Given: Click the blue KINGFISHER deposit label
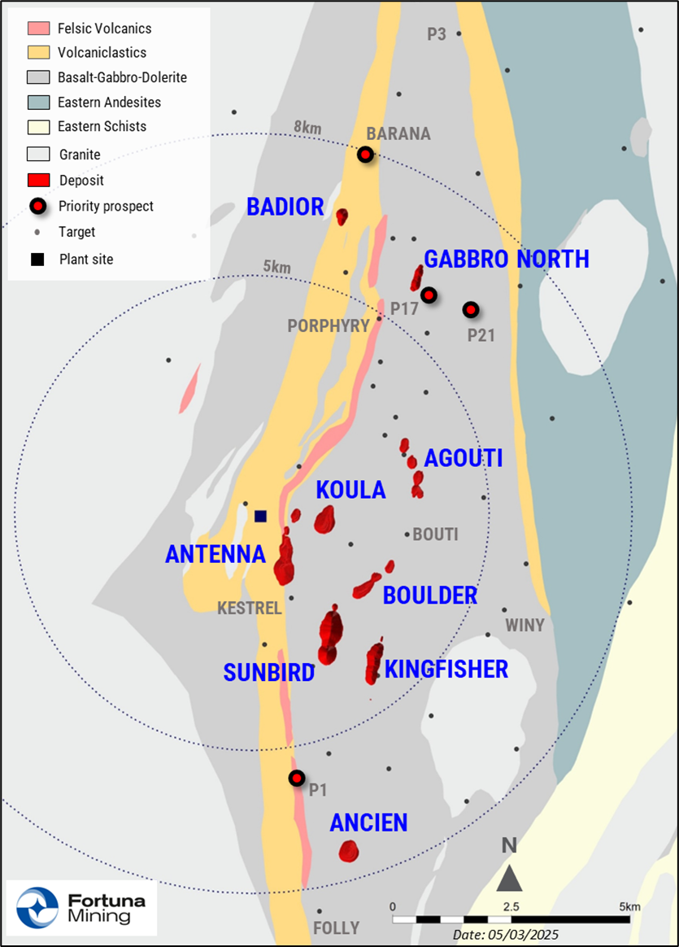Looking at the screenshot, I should tap(446, 670).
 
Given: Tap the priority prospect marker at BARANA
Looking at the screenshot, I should tap(366, 155).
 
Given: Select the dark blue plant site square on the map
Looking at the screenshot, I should tap(260, 516).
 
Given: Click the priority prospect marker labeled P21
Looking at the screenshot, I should tap(470, 310).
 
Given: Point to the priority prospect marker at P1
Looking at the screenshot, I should tap(297, 778).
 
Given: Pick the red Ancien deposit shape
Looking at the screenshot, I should tap(349, 851).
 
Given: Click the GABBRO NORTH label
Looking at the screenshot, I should tap(506, 260).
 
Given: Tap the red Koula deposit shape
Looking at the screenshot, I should tap(324, 519).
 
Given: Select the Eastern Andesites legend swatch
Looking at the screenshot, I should tap(39, 103).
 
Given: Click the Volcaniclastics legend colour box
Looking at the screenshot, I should tap(39, 53).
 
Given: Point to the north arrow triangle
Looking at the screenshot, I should tap(509, 879).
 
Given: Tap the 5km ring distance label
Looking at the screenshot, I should tap(276, 267).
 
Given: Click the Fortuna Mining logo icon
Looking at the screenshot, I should tap(37, 907).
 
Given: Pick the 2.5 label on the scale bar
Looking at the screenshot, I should tap(511, 906).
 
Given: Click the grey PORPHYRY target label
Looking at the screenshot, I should tap(328, 326).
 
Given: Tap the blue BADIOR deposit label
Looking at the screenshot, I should tap(285, 207).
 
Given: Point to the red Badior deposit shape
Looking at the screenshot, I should tap(342, 216).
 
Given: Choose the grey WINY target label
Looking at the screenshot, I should tap(524, 625).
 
